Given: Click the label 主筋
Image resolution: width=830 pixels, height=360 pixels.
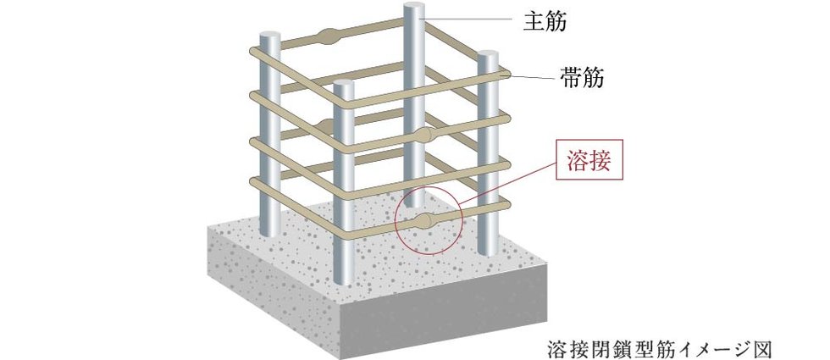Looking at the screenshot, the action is point(545,22).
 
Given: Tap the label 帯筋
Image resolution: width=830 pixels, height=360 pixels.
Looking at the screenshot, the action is point(581,78).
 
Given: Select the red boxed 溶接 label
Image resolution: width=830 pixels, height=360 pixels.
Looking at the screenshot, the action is point(589,160).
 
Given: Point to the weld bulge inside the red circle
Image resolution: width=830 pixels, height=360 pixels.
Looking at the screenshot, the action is point(424,221).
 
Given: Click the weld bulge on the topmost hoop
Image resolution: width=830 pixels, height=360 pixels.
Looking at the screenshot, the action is point(329,36).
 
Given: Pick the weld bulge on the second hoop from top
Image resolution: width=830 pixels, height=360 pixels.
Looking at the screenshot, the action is point(329,126).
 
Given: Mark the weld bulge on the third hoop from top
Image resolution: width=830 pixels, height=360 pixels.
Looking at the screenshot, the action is point(424,135).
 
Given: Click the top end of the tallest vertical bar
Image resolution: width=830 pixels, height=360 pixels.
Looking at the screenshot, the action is point(414,6).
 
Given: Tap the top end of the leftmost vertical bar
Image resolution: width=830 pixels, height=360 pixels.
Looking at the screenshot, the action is point(270,36).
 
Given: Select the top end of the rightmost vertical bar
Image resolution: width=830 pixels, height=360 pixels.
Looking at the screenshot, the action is point(488,54).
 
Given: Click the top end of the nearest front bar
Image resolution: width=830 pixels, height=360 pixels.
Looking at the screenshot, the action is point(344,83).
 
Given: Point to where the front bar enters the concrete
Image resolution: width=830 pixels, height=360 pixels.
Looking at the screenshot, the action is point(344,283).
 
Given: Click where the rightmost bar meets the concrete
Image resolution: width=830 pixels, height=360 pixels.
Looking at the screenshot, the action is point(488,252).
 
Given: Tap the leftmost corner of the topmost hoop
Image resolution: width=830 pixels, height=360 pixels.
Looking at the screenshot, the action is point(253,52).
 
